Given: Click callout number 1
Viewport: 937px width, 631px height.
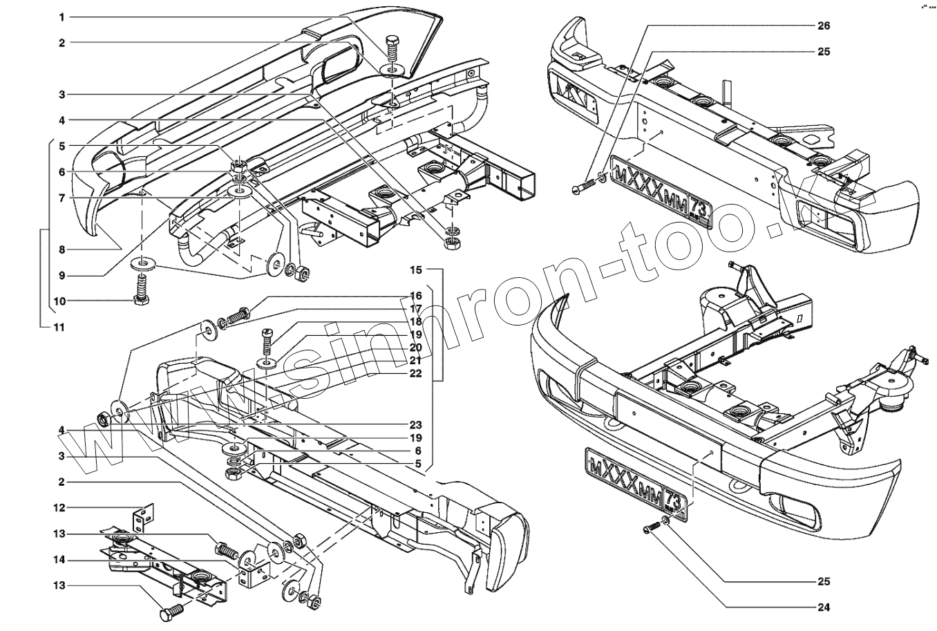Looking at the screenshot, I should pos(61,16).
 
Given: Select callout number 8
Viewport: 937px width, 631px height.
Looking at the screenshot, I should pos(61,249).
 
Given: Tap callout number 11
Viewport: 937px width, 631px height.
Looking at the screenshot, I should pos(60,327).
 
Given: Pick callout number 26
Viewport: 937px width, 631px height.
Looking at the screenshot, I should pos(823,26).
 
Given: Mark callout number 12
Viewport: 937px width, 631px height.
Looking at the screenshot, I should pos(61,508).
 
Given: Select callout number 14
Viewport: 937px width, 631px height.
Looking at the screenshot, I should pos(61,561).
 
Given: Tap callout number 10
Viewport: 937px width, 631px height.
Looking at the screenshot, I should pos(60,301).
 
